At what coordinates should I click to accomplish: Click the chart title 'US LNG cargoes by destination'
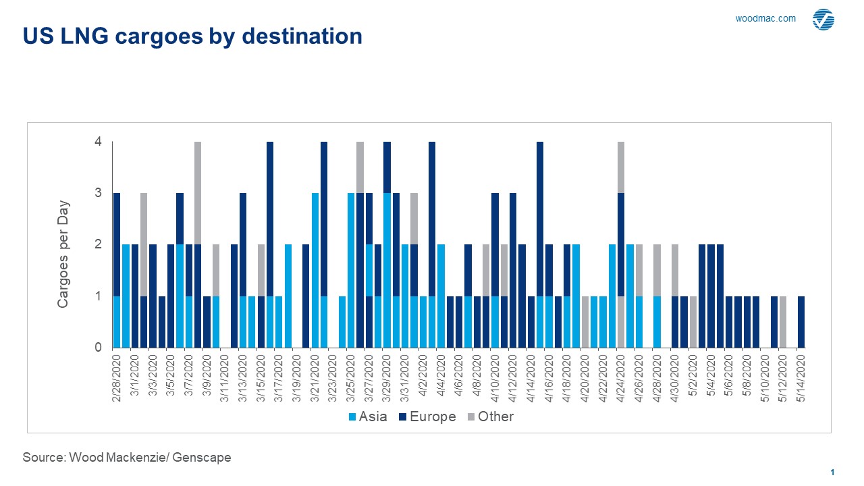pyautogui.click(x=192, y=36)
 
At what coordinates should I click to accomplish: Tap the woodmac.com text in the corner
pyautogui.click(x=765, y=19)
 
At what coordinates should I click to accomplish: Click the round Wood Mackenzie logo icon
pyautogui.click(x=823, y=20)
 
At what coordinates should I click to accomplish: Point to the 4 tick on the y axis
pyautogui.click(x=98, y=142)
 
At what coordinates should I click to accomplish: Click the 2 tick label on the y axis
pyautogui.click(x=98, y=244)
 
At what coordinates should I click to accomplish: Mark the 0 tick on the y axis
pyautogui.click(x=98, y=348)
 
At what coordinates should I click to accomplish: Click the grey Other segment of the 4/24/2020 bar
pyautogui.click(x=621, y=167)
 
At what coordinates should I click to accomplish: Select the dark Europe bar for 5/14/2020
pyautogui.click(x=801, y=322)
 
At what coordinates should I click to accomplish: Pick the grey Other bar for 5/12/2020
pyautogui.click(x=783, y=322)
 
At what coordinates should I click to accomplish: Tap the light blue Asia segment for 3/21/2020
pyautogui.click(x=315, y=270)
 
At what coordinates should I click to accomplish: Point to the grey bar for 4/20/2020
pyautogui.click(x=585, y=322)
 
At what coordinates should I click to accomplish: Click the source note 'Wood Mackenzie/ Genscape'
pyautogui.click(x=127, y=458)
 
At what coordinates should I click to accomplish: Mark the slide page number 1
pyautogui.click(x=833, y=473)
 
